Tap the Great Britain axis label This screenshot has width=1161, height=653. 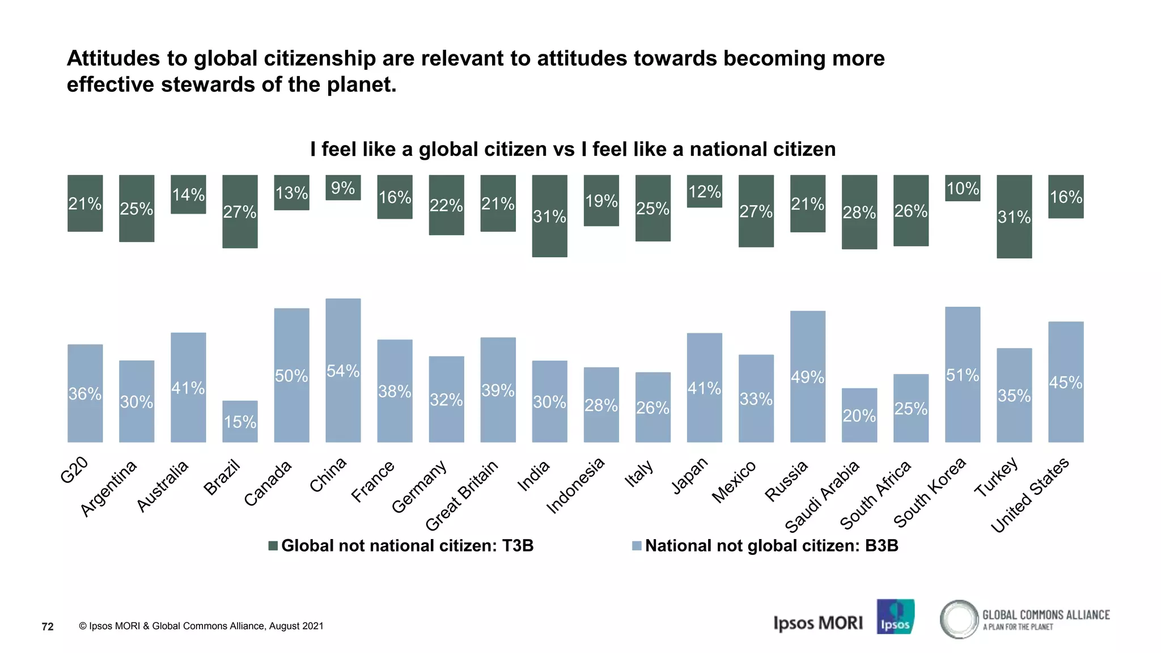[461, 495]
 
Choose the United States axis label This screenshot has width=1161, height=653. [1029, 495]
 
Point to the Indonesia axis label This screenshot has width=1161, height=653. [575, 485]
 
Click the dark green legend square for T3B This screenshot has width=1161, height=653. [273, 546]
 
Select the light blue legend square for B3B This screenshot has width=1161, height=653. [637, 546]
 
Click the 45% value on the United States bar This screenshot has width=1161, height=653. [1066, 383]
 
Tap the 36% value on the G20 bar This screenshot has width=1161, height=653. [85, 393]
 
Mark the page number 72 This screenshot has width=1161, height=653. [48, 626]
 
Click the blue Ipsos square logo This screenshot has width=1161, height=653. [895, 617]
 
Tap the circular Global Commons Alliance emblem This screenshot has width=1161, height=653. [959, 620]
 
